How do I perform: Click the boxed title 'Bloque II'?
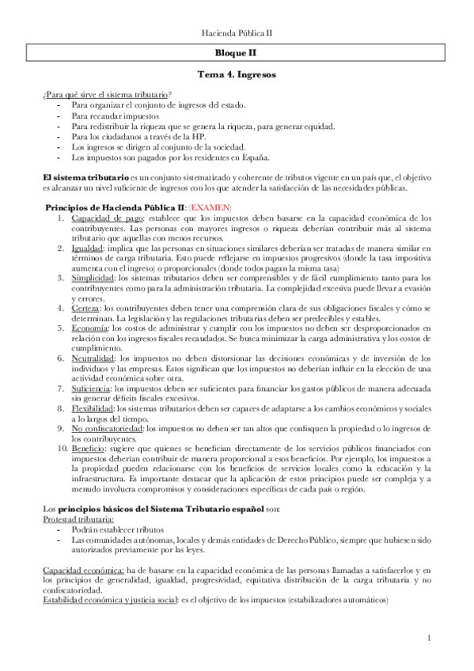237,54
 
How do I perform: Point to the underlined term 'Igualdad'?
86,248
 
